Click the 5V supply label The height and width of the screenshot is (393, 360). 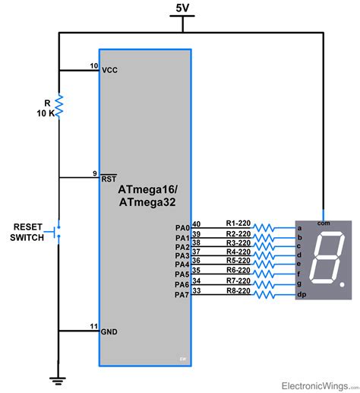point(182,8)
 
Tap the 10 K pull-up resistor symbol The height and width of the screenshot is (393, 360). point(58,107)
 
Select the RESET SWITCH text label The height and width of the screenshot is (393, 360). point(27,232)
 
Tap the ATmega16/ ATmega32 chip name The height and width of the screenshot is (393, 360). point(144,195)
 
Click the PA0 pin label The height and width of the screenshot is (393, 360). point(182,227)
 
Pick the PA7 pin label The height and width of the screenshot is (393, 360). point(182,294)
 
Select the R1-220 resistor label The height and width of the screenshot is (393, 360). point(238,223)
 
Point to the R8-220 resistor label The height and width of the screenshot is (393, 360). point(238,290)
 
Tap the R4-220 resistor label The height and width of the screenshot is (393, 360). point(238,252)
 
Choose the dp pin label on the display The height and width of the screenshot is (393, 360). point(302,294)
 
